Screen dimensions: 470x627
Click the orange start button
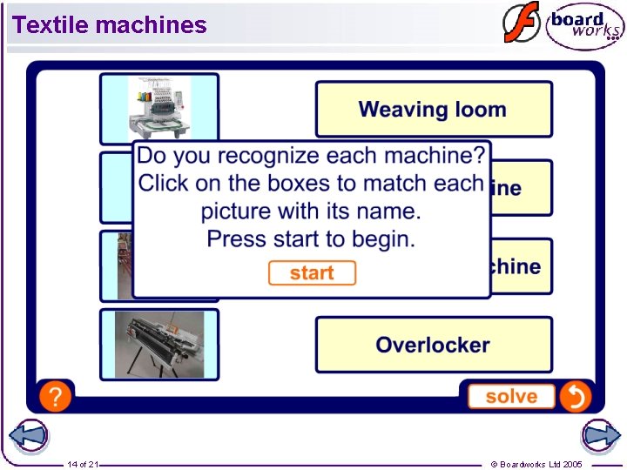312,273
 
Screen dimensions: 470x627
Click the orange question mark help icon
55,397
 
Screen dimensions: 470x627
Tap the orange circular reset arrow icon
576,397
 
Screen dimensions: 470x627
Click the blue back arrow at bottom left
28,436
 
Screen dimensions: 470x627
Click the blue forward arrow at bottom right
600,436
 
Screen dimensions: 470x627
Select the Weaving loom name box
433,110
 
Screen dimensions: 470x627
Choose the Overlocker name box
433,345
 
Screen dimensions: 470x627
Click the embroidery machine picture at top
158,107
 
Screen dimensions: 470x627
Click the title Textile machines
110,25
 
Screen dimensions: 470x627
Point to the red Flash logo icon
520,23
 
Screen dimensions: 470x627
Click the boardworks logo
584,27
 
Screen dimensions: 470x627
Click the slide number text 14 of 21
82,464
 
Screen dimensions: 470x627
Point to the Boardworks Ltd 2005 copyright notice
536,464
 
